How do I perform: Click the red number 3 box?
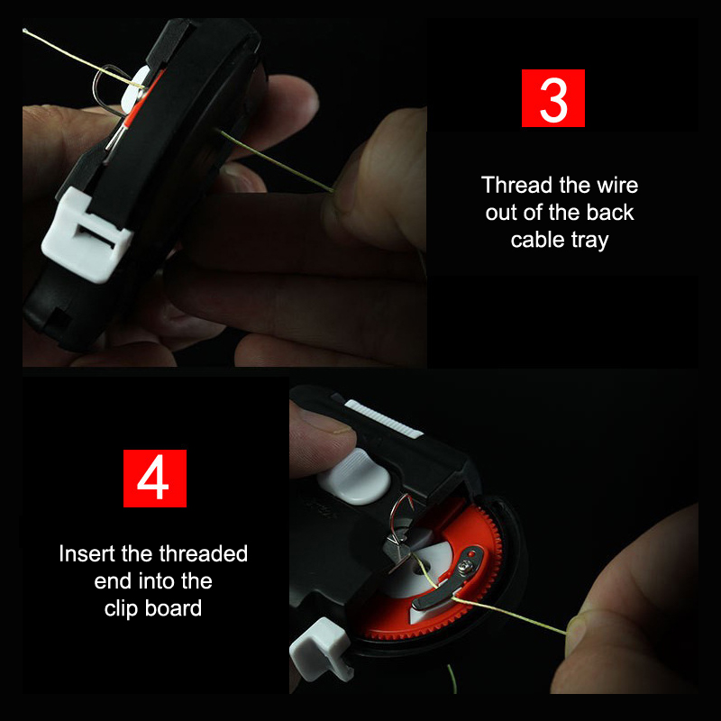tap(553, 98)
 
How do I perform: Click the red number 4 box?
tap(154, 479)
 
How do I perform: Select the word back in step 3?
tap(610, 213)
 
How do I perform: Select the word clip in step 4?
tap(121, 609)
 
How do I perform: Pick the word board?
tap(173, 608)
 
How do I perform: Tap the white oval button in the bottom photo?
tap(354, 476)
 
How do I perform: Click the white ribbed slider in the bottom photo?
tap(383, 418)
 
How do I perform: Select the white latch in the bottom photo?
tap(322, 648)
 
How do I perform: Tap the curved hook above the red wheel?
tap(401, 510)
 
